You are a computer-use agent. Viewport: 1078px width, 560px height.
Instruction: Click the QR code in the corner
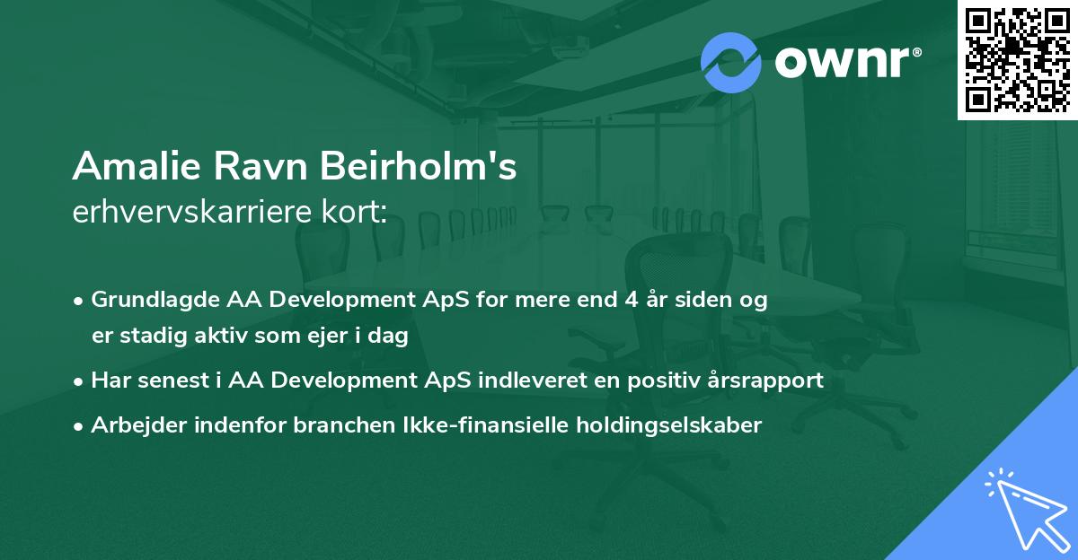[x=1017, y=60]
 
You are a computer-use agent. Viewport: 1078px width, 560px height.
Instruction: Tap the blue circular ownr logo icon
[x=731, y=63]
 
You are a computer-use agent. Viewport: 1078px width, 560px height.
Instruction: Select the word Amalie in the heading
[x=137, y=166]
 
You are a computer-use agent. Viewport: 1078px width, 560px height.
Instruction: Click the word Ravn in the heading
[x=261, y=166]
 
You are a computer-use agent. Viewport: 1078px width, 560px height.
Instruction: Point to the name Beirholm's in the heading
[x=419, y=166]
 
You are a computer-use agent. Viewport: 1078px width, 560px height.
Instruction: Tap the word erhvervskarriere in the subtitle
[x=192, y=212]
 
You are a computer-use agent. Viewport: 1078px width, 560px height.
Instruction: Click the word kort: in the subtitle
[x=354, y=212]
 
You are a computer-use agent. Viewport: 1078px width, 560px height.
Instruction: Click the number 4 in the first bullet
[x=632, y=300]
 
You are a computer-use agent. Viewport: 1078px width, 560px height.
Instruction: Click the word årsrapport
[x=765, y=381]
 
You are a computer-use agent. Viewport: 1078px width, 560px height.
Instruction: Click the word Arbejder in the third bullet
[x=138, y=425]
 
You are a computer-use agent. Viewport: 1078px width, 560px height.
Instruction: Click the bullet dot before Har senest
[x=78, y=382]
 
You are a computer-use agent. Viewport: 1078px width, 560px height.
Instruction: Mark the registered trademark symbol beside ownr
[x=916, y=52]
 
